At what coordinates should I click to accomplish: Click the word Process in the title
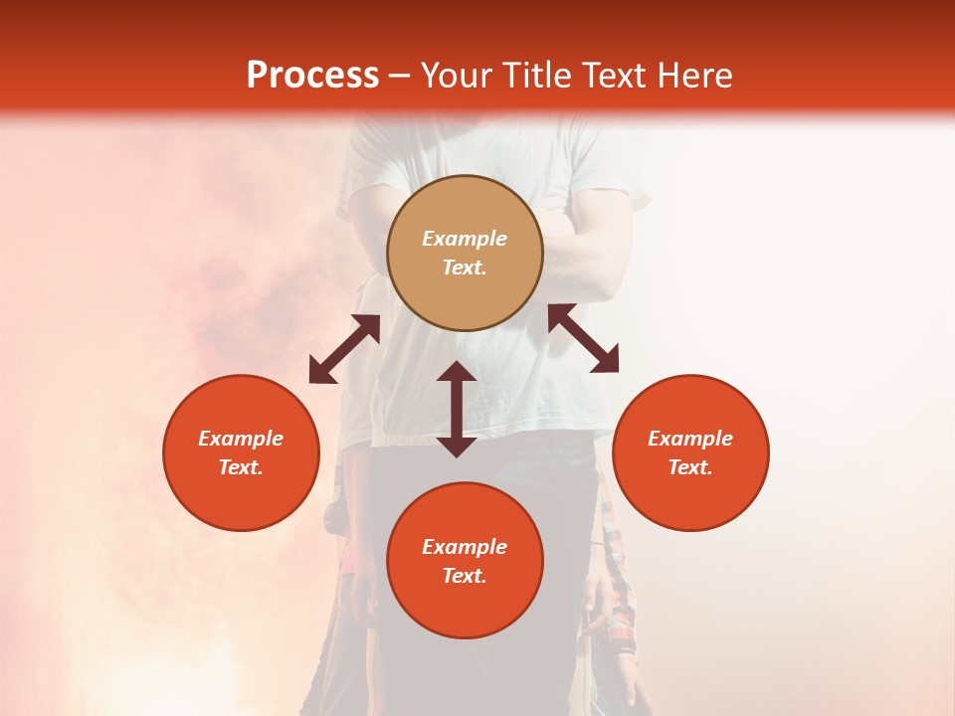pyautogui.click(x=312, y=76)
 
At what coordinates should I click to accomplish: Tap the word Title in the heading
pyautogui.click(x=541, y=76)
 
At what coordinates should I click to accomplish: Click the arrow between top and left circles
pyautogui.click(x=344, y=349)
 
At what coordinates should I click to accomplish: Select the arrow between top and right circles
pyautogui.click(x=584, y=338)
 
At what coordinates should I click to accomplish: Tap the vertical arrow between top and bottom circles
pyautogui.click(x=457, y=409)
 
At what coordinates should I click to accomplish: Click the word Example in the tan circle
pyautogui.click(x=465, y=239)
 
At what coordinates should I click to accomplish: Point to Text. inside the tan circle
pyautogui.click(x=465, y=268)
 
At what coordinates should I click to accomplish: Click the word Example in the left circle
pyautogui.click(x=241, y=439)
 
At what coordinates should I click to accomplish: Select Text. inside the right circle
pyautogui.click(x=690, y=467)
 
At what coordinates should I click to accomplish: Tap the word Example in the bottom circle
pyautogui.click(x=465, y=547)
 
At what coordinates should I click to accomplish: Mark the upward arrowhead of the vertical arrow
pyautogui.click(x=457, y=372)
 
